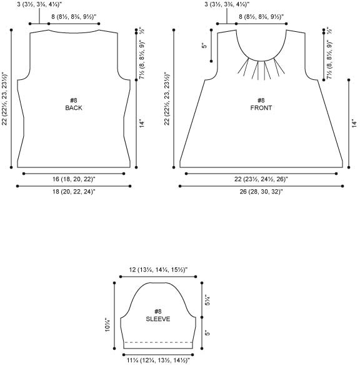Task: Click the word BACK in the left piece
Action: [x=74, y=108]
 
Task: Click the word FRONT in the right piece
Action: [x=261, y=108]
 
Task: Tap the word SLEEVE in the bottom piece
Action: [x=158, y=319]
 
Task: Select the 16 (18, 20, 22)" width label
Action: [x=74, y=179]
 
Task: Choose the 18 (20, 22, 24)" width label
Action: [x=74, y=192]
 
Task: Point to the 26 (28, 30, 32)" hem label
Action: [x=261, y=192]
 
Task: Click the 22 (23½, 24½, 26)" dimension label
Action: [x=261, y=179]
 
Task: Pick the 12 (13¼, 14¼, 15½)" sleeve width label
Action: [x=158, y=270]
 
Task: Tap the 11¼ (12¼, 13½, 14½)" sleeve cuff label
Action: [x=158, y=360]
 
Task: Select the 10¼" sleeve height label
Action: [x=107, y=325]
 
